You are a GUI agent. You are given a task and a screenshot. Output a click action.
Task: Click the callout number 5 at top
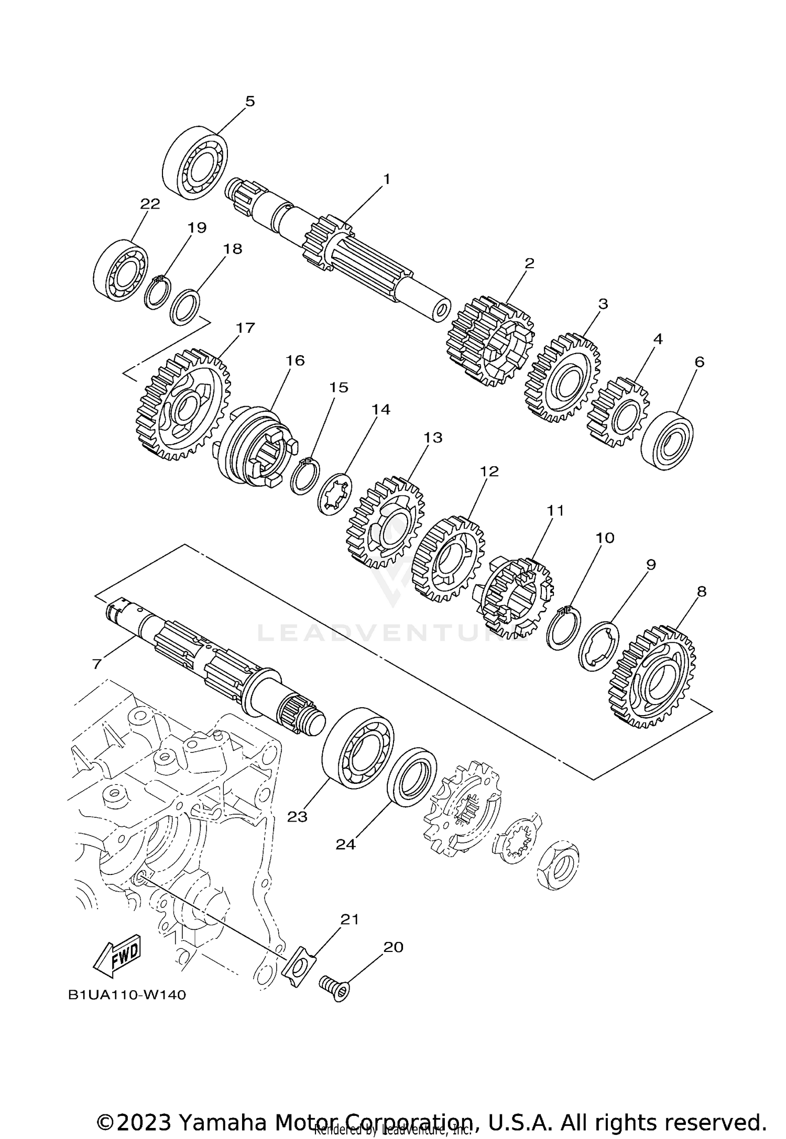click(250, 101)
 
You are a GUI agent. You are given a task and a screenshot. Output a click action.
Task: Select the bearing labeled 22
click(121, 271)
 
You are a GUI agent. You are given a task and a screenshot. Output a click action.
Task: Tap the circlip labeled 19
click(157, 293)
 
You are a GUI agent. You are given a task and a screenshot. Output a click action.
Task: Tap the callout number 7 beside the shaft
click(96, 664)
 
